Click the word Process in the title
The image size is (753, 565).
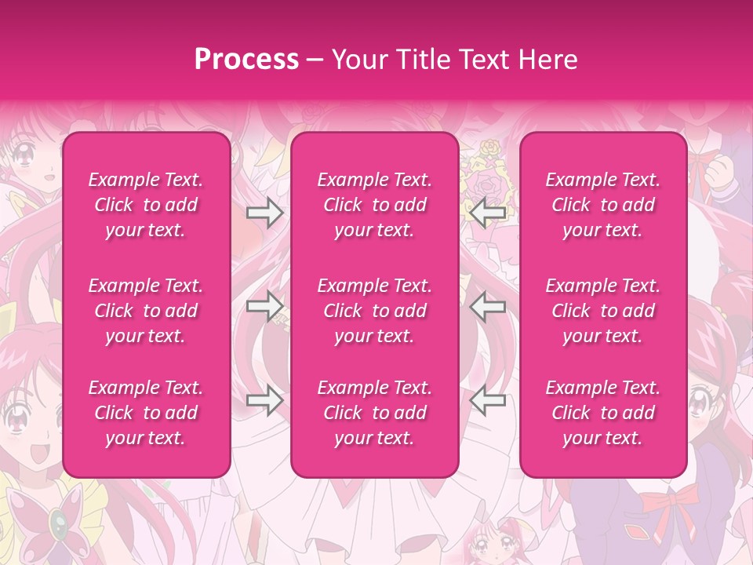point(246,60)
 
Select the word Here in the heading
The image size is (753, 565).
point(547,60)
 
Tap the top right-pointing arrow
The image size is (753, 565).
point(264,212)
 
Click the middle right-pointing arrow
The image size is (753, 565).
point(264,306)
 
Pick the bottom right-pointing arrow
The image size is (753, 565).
point(264,400)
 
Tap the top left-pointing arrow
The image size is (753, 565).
point(488,212)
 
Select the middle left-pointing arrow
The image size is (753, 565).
point(488,306)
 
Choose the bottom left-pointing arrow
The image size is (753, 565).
point(488,400)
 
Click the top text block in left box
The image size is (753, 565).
point(146,205)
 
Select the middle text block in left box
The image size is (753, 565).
point(146,311)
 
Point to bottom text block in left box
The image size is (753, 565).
point(146,413)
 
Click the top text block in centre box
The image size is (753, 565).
point(374,205)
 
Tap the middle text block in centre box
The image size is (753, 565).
point(374,311)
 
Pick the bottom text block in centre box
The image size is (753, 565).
point(374,413)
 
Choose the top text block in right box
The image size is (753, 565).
point(602,205)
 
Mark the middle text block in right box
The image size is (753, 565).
point(602,311)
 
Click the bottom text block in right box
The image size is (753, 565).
point(602,413)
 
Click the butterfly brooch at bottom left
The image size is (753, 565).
point(56,520)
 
